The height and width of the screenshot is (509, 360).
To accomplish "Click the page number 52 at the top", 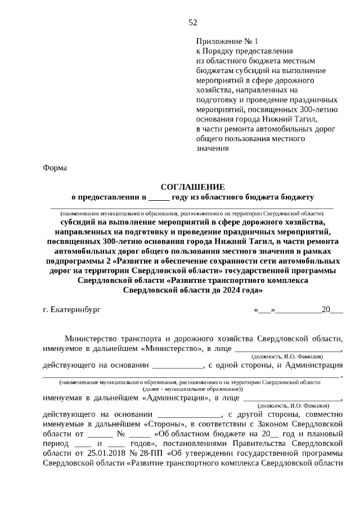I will coord(193,22).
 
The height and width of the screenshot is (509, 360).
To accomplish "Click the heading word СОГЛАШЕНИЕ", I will coord(192,186).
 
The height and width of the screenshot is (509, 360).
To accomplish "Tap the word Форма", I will coord(55,168).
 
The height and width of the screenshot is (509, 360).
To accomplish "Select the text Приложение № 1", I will coord(227,41).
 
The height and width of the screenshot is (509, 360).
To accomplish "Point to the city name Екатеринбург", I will coord(74,309).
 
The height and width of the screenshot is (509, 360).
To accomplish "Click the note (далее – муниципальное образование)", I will coord(192,388).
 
